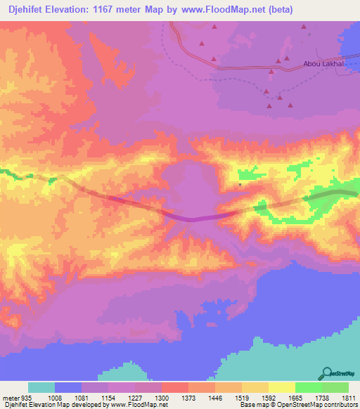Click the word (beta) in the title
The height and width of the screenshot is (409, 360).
[279, 9]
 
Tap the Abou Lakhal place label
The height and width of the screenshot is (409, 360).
[323, 64]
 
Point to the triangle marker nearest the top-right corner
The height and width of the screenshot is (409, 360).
[304, 26]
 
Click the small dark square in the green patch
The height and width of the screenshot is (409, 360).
[240, 185]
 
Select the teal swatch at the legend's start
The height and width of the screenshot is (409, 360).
[41, 387]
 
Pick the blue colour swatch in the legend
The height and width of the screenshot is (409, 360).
[67, 387]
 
